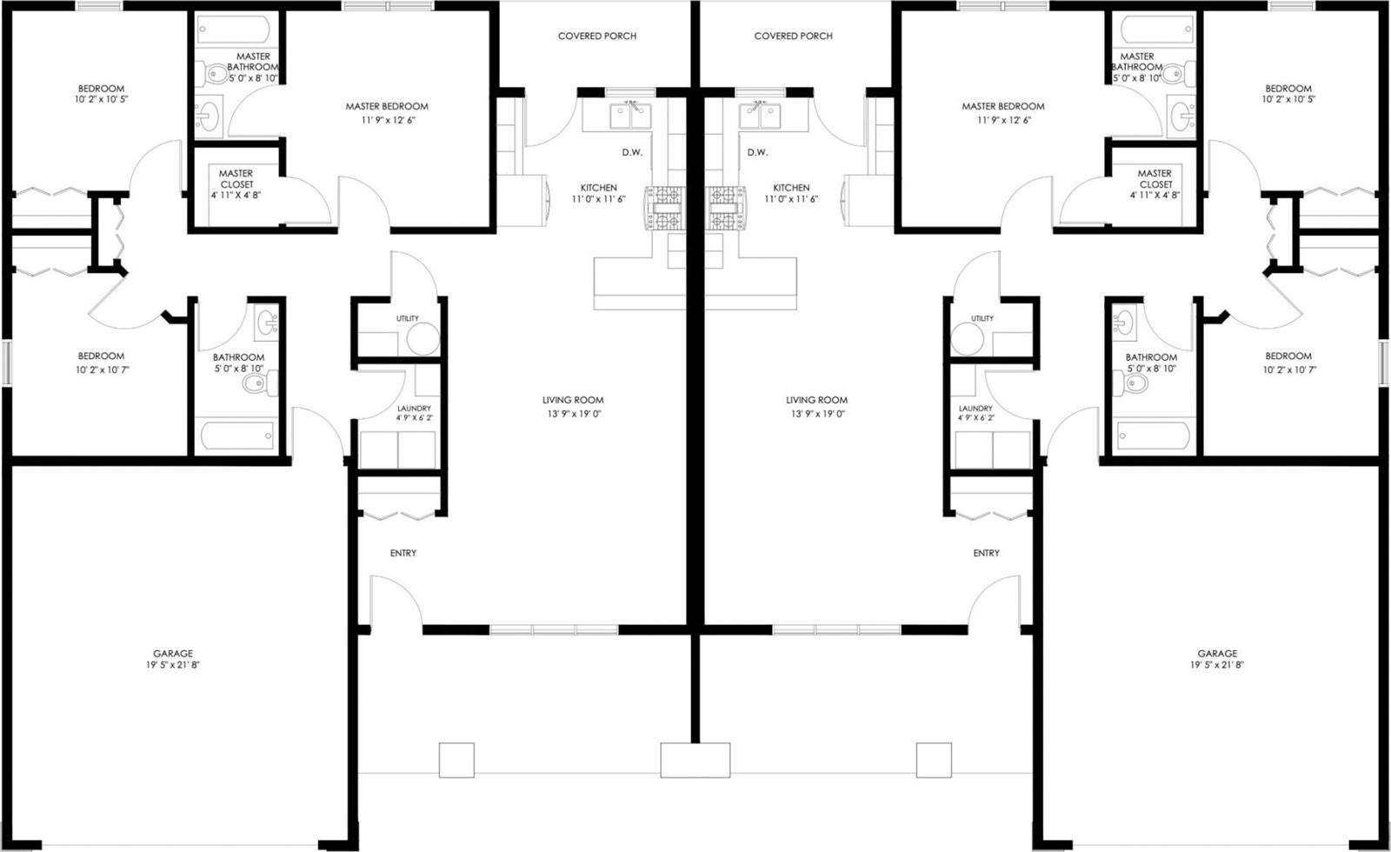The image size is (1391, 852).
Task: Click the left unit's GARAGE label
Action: [173, 654]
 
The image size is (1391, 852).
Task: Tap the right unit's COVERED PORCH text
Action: [793, 37]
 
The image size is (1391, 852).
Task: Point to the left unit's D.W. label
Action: [632, 153]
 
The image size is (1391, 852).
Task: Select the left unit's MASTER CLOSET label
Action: [236, 179]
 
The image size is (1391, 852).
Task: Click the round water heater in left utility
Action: [423, 339]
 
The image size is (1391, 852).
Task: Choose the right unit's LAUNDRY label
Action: [975, 409]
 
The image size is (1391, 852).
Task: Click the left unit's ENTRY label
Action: [403, 554]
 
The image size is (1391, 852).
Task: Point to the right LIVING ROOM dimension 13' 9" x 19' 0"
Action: [818, 415]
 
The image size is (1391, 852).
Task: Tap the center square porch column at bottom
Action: [695, 760]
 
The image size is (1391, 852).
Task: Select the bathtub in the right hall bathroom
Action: [1154, 435]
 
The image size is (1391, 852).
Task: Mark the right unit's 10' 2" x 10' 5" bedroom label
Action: [1288, 100]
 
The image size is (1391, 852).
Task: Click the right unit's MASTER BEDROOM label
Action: [1003, 107]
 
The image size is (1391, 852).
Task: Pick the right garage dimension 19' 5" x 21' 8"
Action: [1217, 665]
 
